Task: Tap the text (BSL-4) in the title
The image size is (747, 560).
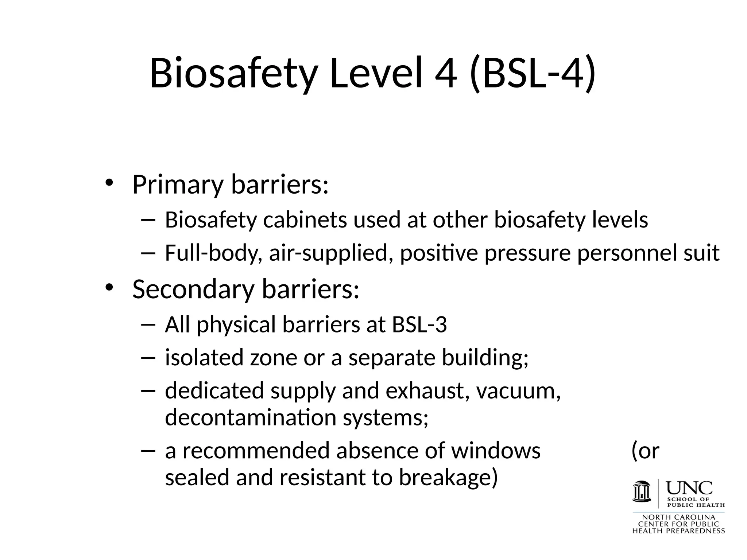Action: [533, 74]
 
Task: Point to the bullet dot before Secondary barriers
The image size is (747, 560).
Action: [109, 287]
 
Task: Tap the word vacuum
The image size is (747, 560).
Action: [518, 391]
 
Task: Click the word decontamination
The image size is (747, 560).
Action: [251, 417]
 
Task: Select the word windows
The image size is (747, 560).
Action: [496, 451]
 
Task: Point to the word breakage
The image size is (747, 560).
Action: [448, 478]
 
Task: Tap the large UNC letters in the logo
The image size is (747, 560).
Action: [689, 488]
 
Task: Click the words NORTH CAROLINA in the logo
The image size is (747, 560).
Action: [678, 517]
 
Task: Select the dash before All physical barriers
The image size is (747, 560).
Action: [147, 324]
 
